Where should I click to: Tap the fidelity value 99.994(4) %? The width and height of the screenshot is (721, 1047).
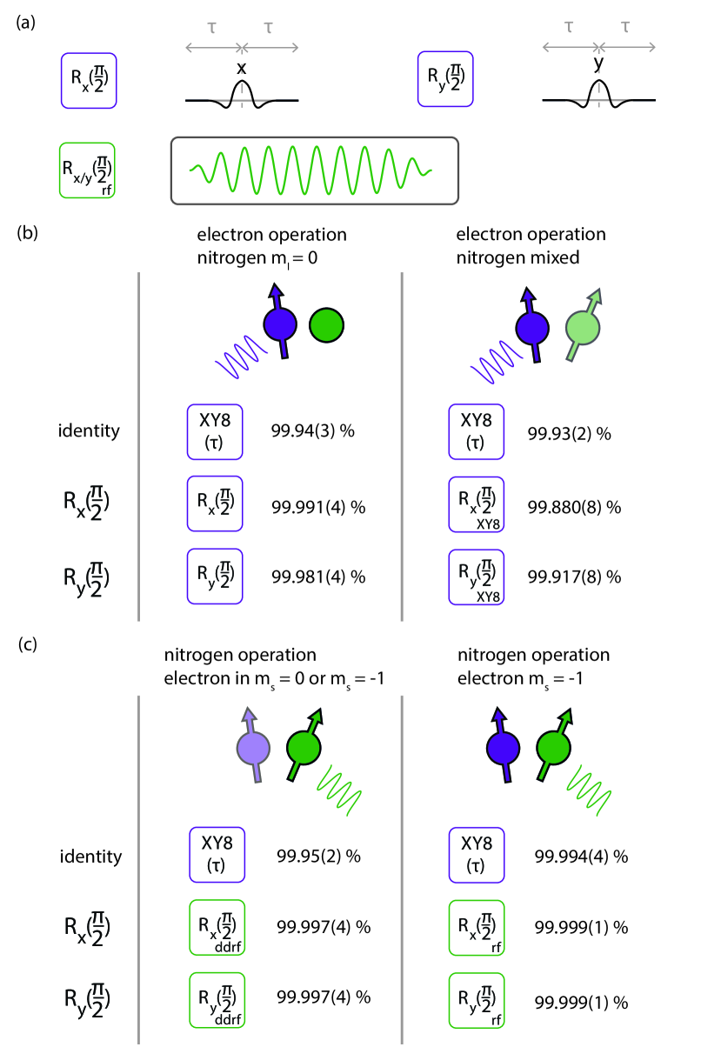pyautogui.click(x=581, y=857)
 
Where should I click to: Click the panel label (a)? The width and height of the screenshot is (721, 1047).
pyautogui.click(x=26, y=23)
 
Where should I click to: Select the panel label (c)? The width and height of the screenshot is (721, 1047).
pyautogui.click(x=26, y=644)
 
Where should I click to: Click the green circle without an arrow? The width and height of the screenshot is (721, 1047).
pyautogui.click(x=327, y=324)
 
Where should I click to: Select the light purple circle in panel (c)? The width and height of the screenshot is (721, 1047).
pyautogui.click(x=256, y=749)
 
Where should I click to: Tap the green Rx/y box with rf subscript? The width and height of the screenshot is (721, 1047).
pyautogui.click(x=88, y=170)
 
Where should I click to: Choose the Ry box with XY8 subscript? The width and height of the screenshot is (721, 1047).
pyautogui.click(x=477, y=577)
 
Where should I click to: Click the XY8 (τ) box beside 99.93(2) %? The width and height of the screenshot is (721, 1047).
pyautogui.click(x=477, y=431)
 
